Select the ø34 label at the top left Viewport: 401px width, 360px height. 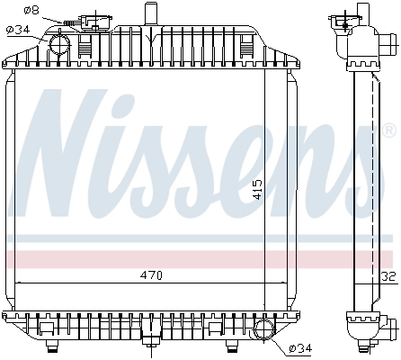[x=18, y=30]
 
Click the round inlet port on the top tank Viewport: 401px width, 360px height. [x=60, y=42]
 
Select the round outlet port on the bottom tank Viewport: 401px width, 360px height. [x=263, y=329]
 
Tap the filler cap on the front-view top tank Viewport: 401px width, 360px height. [x=91, y=21]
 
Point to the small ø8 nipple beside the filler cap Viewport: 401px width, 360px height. [x=70, y=21]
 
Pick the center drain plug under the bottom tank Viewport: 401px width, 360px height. [x=148, y=341]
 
